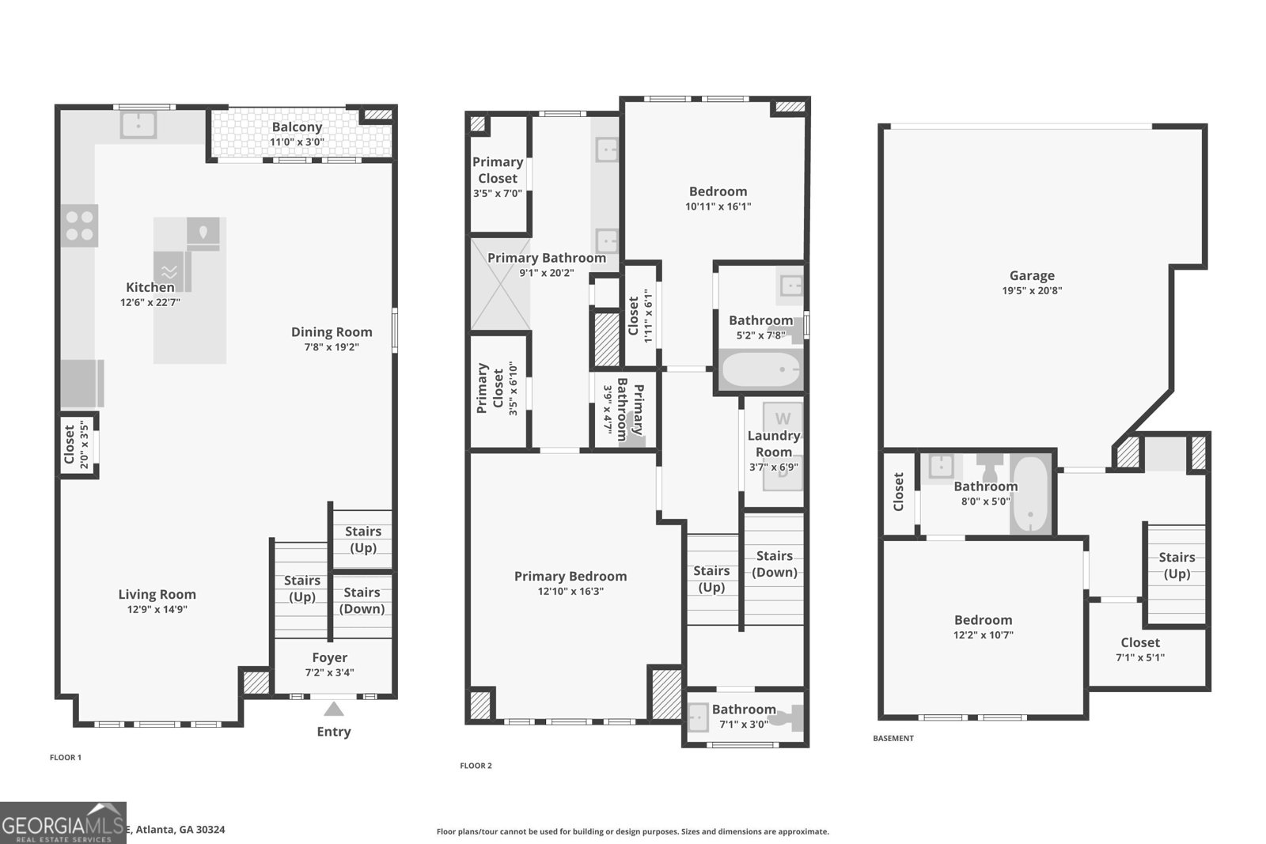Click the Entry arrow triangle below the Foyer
(x=334, y=709)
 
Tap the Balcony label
(x=297, y=127)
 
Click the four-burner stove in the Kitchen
(x=80, y=225)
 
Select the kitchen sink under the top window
(x=138, y=125)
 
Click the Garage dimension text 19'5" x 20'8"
(x=1032, y=290)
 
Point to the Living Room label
(x=157, y=594)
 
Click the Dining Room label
(x=331, y=332)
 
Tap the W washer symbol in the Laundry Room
(x=783, y=418)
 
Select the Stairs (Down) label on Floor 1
(x=362, y=600)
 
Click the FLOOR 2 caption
(x=476, y=766)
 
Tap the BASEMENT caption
(x=893, y=738)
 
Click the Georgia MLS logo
(x=63, y=823)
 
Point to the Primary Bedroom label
(x=570, y=576)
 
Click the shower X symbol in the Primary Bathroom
(x=500, y=284)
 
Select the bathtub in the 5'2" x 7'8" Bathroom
(x=760, y=370)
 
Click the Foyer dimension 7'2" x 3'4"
(x=330, y=672)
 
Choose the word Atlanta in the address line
(x=155, y=830)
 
